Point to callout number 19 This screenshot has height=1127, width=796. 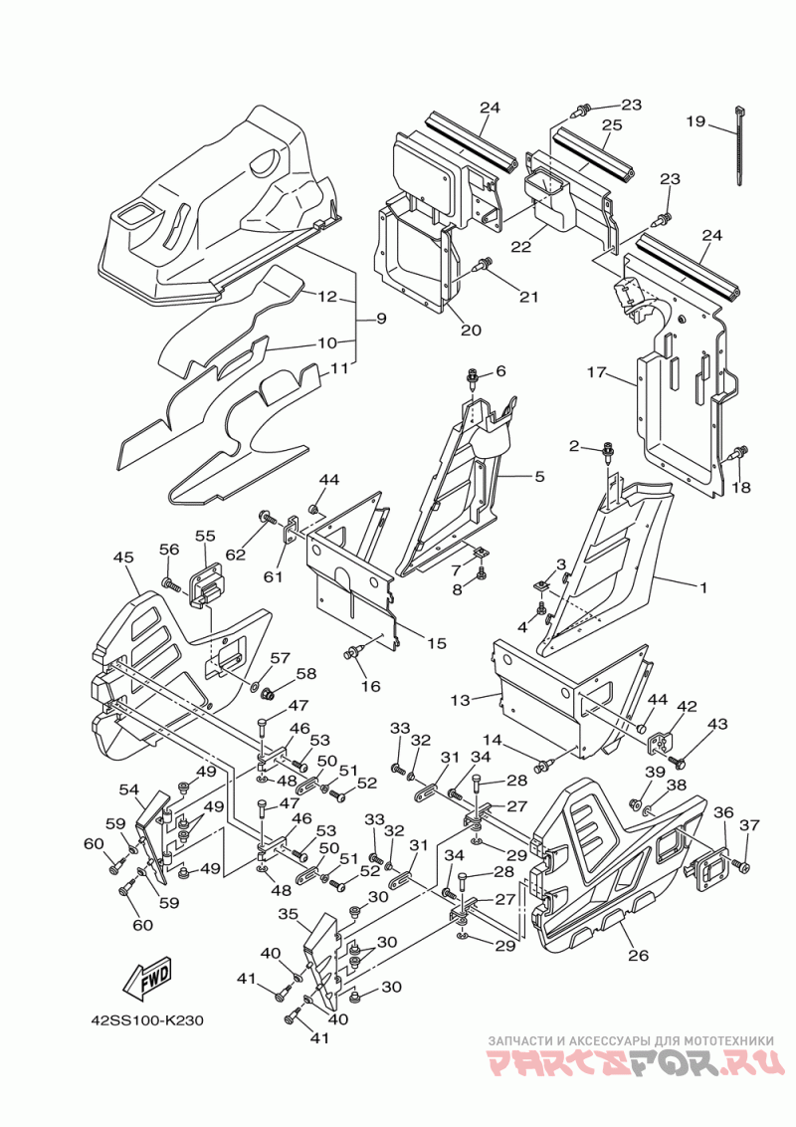point(696,120)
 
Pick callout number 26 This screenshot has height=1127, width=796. point(638,955)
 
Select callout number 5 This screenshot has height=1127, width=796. point(539,476)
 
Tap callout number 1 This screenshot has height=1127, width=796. point(702,587)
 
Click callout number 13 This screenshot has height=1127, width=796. point(461,700)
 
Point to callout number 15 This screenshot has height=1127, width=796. point(437,643)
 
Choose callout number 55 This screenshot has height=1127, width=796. point(205,536)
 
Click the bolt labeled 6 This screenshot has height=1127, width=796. point(474,378)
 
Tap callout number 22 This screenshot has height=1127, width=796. point(520,247)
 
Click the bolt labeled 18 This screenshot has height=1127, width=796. point(739,454)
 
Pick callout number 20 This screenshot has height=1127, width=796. point(472,330)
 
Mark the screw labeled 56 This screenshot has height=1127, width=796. point(171,584)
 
